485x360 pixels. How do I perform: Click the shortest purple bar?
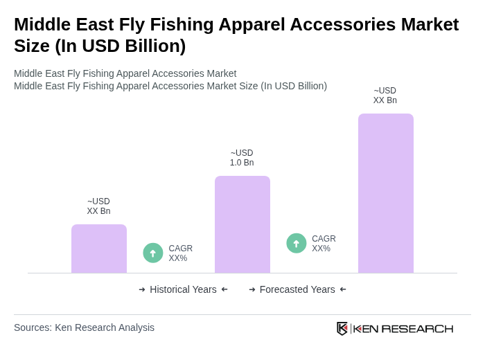point(99,249)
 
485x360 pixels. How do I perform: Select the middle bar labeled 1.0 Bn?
point(242,224)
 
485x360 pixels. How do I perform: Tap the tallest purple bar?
point(385,193)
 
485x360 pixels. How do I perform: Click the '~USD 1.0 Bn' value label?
point(242,158)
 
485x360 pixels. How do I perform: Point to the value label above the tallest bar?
point(385,96)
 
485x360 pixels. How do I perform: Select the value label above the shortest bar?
point(98,206)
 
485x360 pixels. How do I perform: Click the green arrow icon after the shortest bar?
point(153,253)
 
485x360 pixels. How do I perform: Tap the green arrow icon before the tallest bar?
point(297,243)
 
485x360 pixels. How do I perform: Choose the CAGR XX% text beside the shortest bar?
point(180,253)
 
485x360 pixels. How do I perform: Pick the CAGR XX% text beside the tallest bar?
point(324,244)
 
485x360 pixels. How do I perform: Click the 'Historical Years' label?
point(183,289)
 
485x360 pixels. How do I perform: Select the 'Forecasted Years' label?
point(297,289)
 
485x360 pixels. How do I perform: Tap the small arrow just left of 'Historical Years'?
point(142,289)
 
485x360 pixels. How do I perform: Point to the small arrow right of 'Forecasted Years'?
point(343,289)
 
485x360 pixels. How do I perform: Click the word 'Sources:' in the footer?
point(33,327)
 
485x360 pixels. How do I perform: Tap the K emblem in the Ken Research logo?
point(342,328)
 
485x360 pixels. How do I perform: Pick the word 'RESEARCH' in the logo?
point(417,328)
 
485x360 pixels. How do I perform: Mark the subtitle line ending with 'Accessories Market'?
point(125,73)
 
